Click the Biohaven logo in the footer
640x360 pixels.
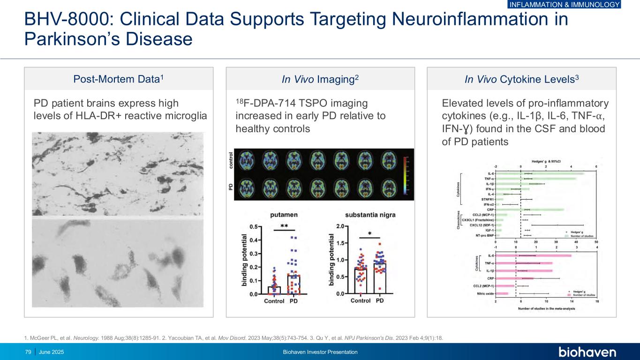[587, 352]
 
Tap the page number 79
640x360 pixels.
[28, 352]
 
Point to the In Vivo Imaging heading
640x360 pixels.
[320, 79]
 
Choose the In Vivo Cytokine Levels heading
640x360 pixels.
[522, 79]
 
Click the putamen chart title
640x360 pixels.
[284, 215]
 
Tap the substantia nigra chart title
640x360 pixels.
[370, 215]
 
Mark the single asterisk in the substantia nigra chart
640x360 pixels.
[369, 233]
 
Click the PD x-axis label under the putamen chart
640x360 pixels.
[294, 301]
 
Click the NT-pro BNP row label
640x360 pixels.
[485, 235]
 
